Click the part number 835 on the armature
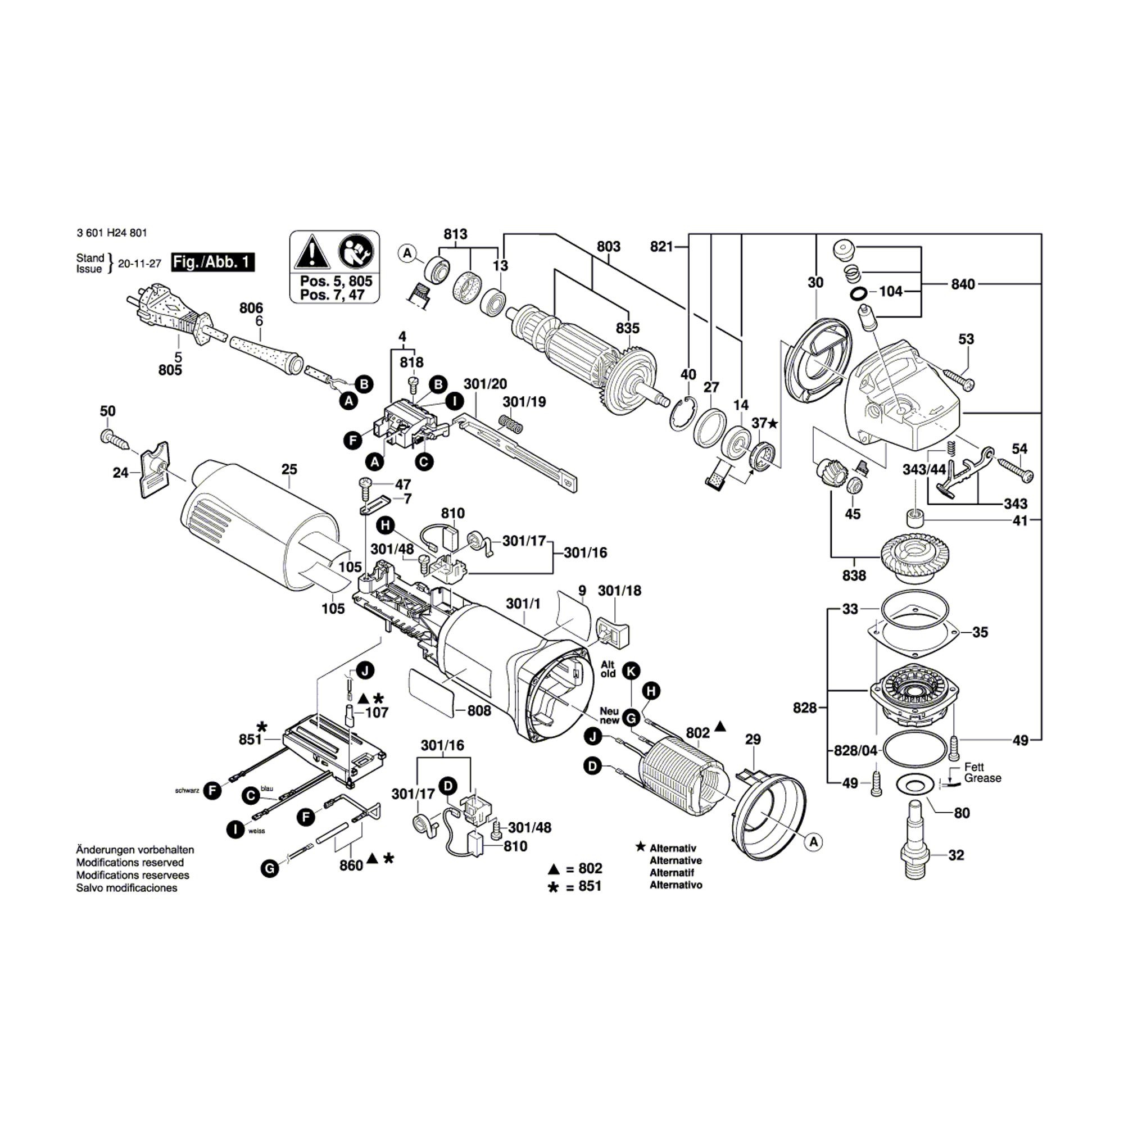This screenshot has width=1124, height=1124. point(628,328)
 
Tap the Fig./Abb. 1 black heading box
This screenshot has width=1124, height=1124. point(213,262)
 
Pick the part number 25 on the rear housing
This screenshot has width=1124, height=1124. point(289,469)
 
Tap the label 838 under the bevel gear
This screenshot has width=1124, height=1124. point(854,575)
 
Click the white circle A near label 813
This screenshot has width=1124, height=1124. point(408,253)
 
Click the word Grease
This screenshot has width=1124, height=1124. point(982,778)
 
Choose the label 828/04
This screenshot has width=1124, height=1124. point(855,751)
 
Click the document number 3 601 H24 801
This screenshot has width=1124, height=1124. point(112,233)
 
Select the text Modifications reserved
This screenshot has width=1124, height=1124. point(130,862)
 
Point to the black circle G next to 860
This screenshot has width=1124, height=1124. point(270,869)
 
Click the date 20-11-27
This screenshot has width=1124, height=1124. point(139,264)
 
